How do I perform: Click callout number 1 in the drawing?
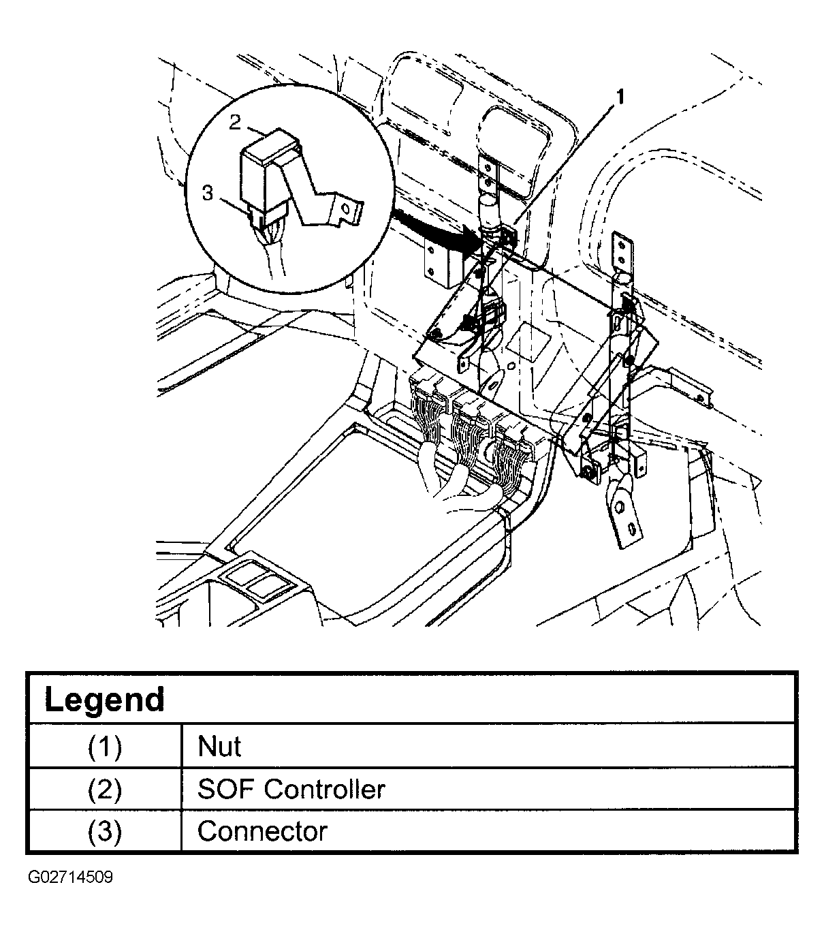pyautogui.click(x=619, y=97)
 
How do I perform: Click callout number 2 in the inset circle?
pyautogui.click(x=235, y=122)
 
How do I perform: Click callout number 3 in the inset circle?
pyautogui.click(x=207, y=193)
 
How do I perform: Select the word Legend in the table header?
pyautogui.click(x=104, y=700)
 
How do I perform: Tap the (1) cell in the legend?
pyautogui.click(x=104, y=747)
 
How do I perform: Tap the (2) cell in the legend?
pyautogui.click(x=104, y=790)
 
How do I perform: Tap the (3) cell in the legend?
pyautogui.click(x=104, y=832)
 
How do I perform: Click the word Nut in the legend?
pyautogui.click(x=219, y=747)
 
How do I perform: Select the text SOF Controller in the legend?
pyautogui.click(x=291, y=790)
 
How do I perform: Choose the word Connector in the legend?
pyautogui.click(x=262, y=832)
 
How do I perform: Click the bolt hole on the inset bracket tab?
pyautogui.click(x=346, y=210)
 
